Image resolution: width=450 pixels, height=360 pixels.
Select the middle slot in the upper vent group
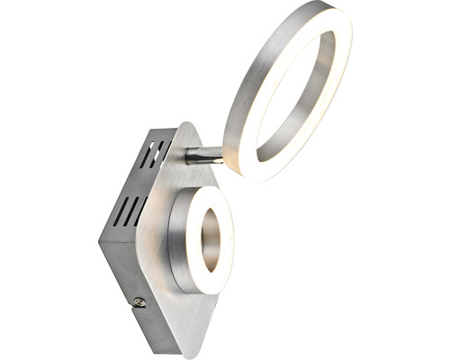point(153,151)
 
